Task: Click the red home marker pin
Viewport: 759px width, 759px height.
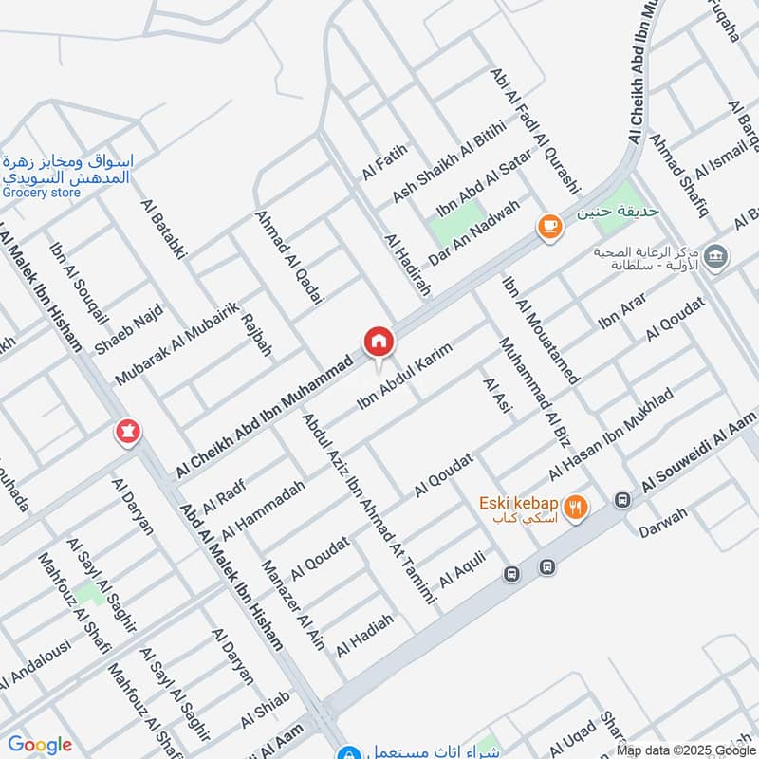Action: click(x=378, y=342)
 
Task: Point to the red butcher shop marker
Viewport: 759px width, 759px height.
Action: click(x=126, y=432)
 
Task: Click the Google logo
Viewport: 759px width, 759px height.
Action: click(x=40, y=745)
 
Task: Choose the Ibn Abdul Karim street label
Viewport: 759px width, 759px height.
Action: click(x=404, y=377)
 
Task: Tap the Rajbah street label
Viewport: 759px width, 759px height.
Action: click(x=256, y=335)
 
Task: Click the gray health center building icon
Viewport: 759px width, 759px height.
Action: click(x=718, y=255)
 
